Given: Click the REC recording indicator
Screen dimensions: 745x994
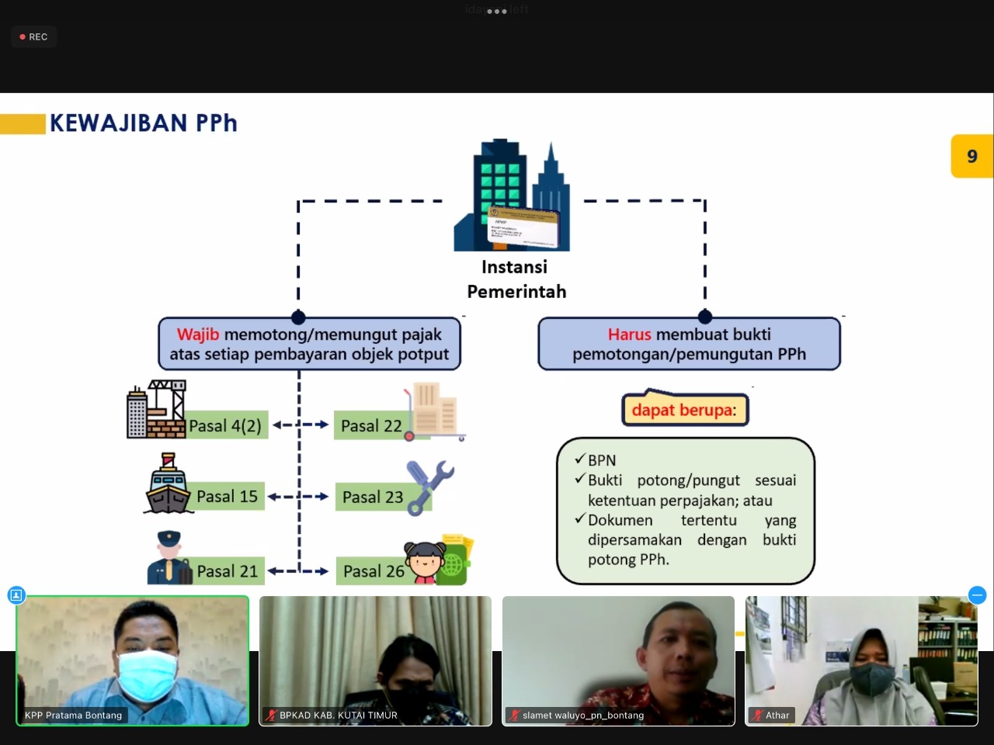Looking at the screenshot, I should pos(33,36).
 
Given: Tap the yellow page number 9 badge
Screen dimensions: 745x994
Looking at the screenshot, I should pos(971,156).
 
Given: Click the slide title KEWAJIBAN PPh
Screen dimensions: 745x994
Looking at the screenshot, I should pos(143,123).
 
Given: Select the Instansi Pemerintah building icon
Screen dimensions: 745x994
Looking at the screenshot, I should pos(513,196).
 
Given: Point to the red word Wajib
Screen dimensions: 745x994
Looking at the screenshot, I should pos(198,334).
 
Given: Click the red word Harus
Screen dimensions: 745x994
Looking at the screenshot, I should pos(629,334).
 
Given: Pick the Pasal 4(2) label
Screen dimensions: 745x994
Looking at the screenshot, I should pos(225,426).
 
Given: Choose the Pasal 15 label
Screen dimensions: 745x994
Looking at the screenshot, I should pos(227,497).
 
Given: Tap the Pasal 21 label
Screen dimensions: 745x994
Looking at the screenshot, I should pos(227,571).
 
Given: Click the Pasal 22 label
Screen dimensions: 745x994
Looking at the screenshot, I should pos(371,426).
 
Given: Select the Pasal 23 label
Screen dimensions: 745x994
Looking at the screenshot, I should pos(373,497).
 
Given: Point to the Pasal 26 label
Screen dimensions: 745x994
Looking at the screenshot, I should pos(374,572).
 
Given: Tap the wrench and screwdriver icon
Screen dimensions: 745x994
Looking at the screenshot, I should pos(429,486).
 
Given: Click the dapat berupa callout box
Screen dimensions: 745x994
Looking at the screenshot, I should pos(684,410).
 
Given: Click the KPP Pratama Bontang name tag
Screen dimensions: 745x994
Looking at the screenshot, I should pos(73,716).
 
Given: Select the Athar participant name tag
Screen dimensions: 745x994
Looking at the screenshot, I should pos(777,716).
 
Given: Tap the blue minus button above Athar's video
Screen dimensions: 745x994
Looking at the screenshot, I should pos(977,595).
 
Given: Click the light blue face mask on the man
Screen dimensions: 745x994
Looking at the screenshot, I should pos(147,674).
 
